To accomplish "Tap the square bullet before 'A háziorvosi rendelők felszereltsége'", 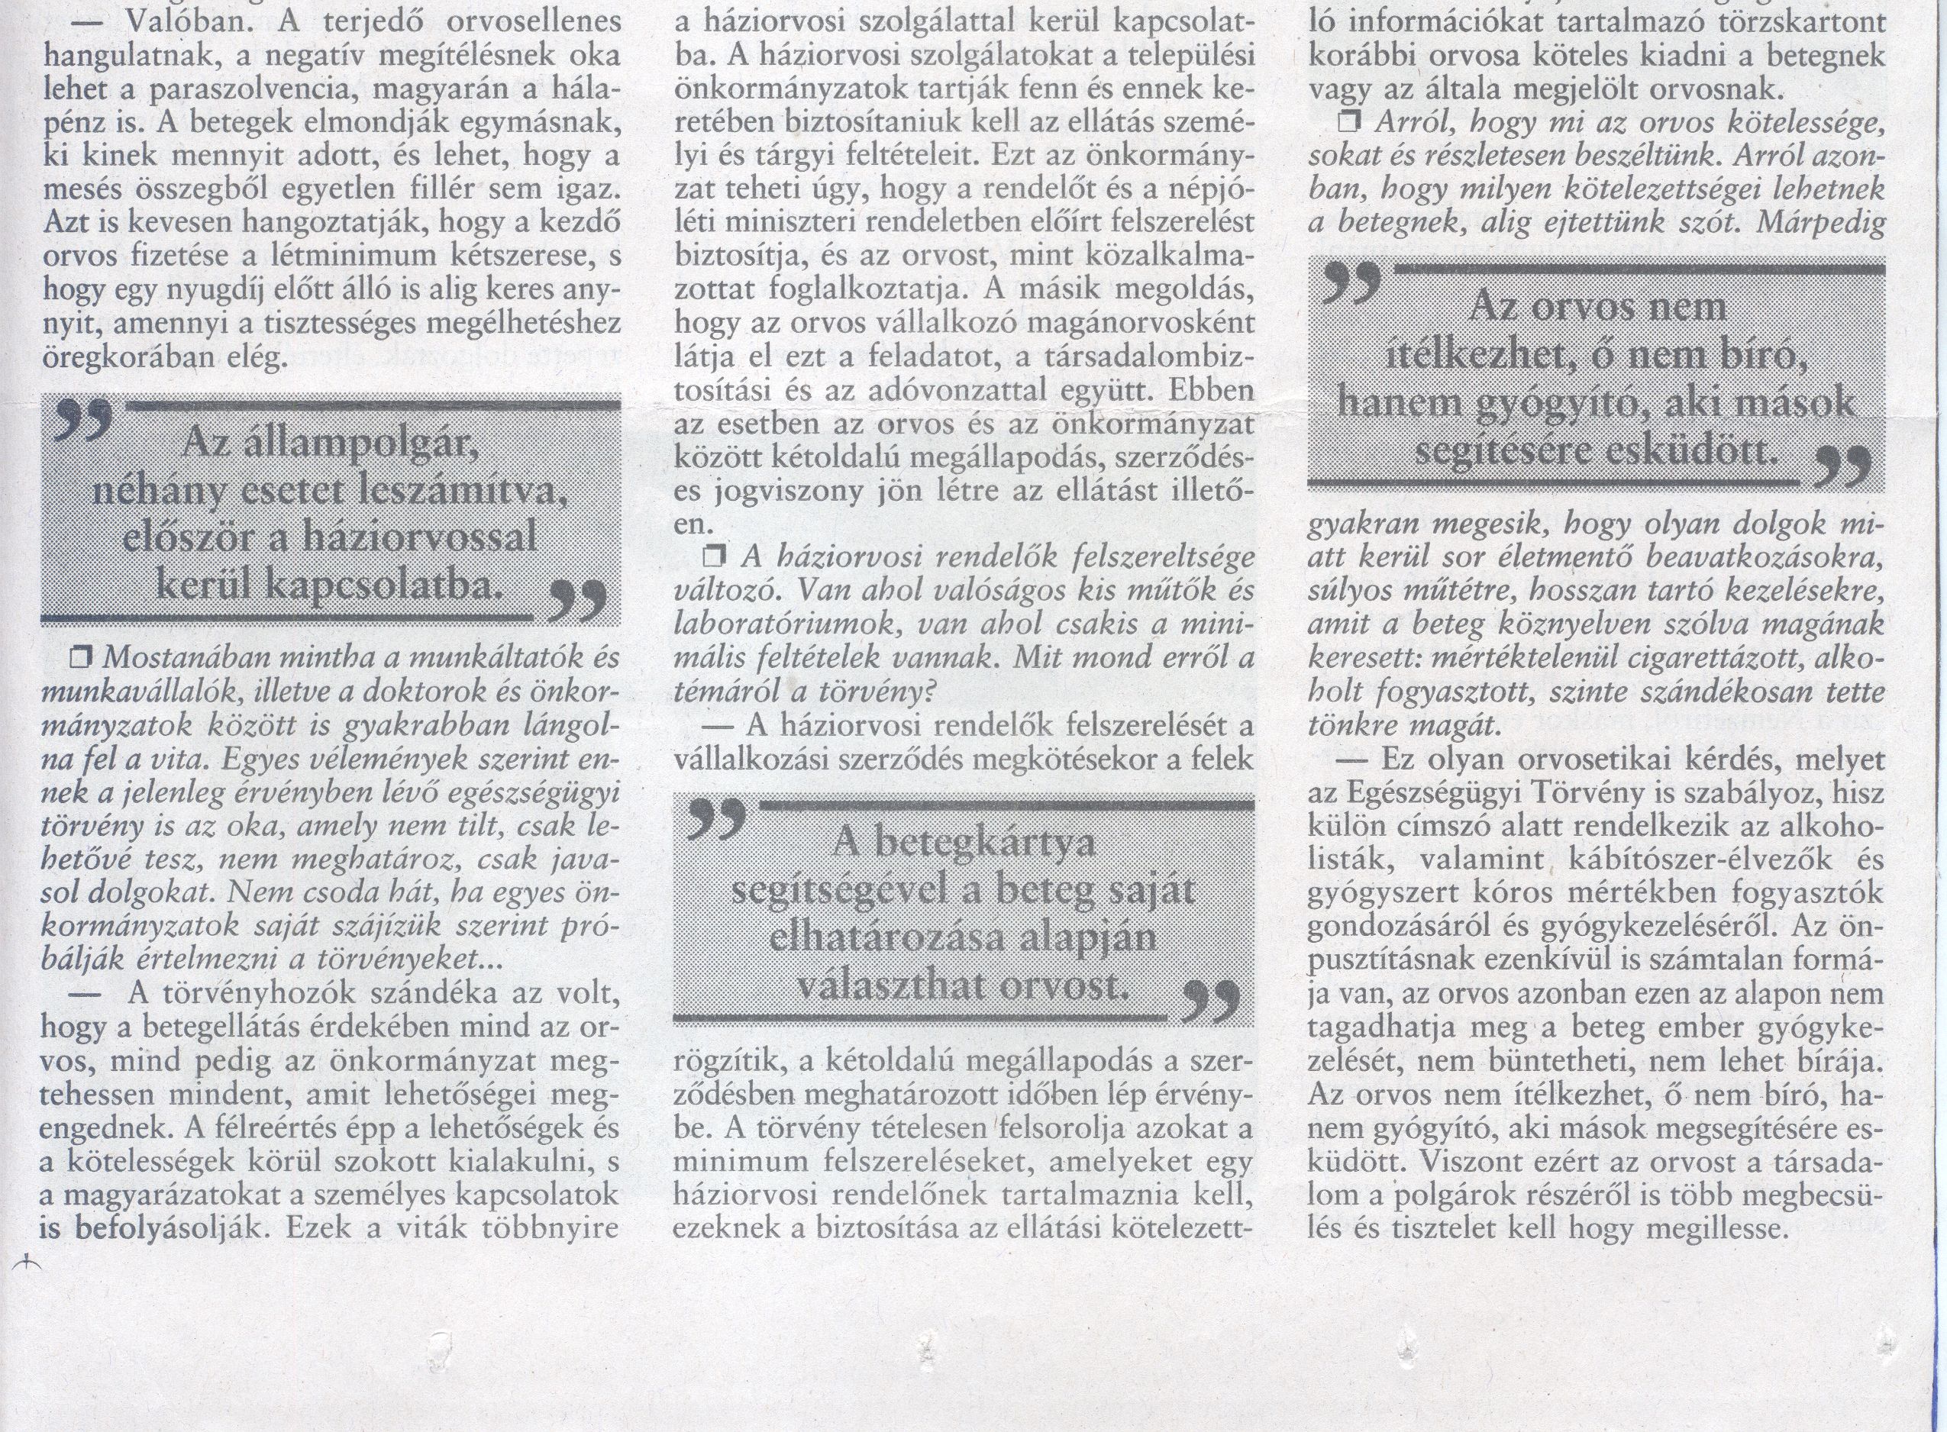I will tap(717, 557).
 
